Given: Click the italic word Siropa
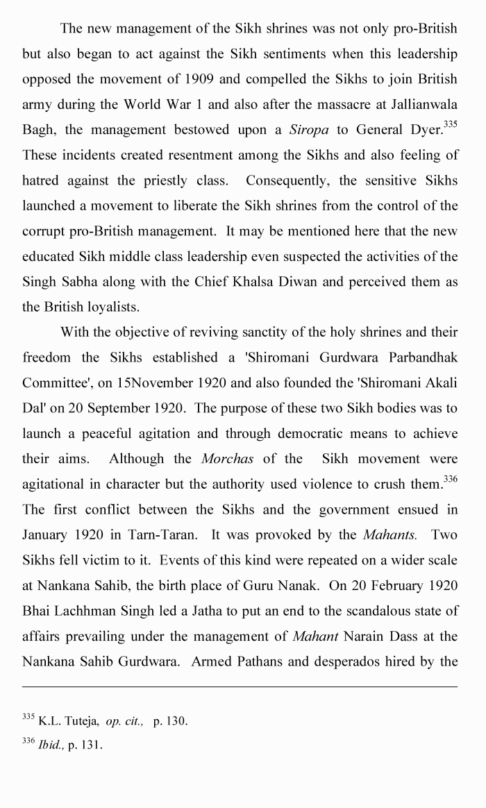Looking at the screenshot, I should (310, 130).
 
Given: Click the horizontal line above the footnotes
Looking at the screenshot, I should (240, 687).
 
